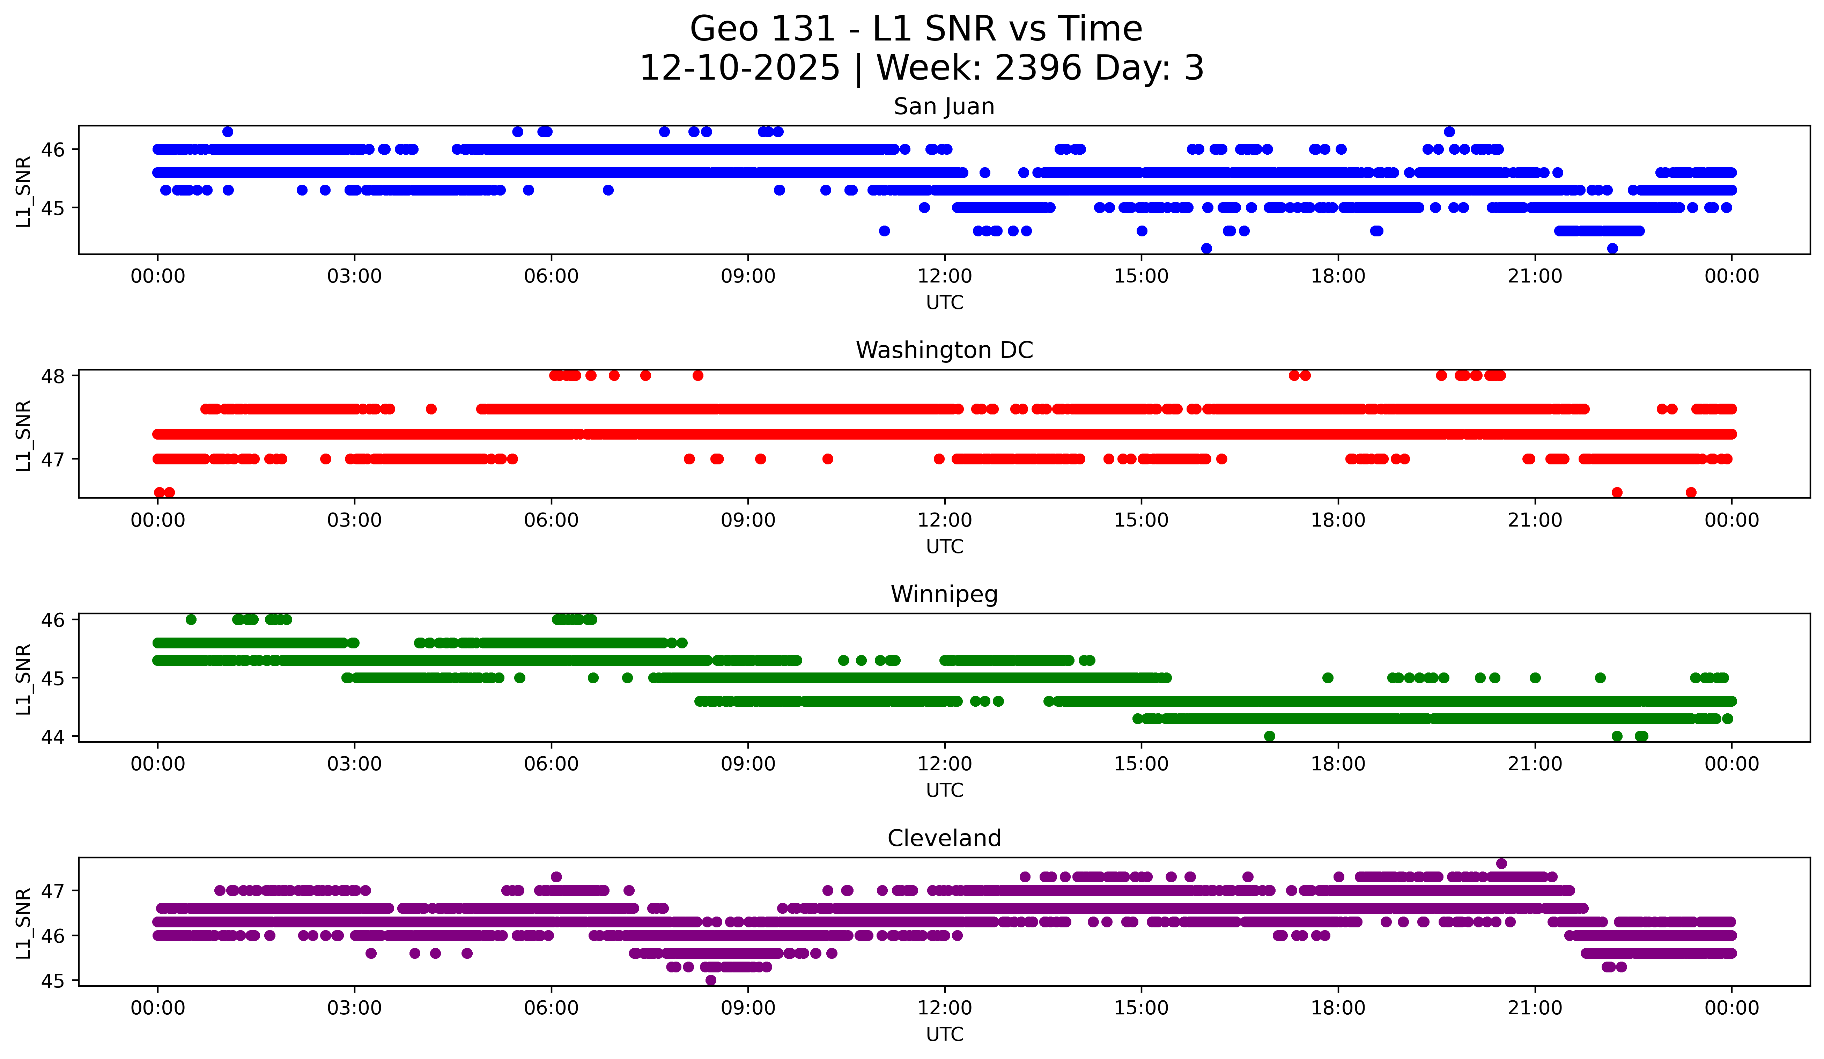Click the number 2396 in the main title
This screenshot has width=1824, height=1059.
pos(1039,68)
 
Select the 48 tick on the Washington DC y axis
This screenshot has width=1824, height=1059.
pos(53,376)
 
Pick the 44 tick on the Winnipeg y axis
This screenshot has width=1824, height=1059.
pos(53,737)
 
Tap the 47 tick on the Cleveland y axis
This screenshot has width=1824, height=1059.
pos(53,890)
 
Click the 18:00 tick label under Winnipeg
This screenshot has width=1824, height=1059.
pos(1338,764)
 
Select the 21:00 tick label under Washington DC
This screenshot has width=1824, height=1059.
pos(1535,521)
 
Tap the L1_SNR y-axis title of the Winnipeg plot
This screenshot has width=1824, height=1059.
pos(23,679)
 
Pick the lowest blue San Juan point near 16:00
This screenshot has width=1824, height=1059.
pos(1206,248)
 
